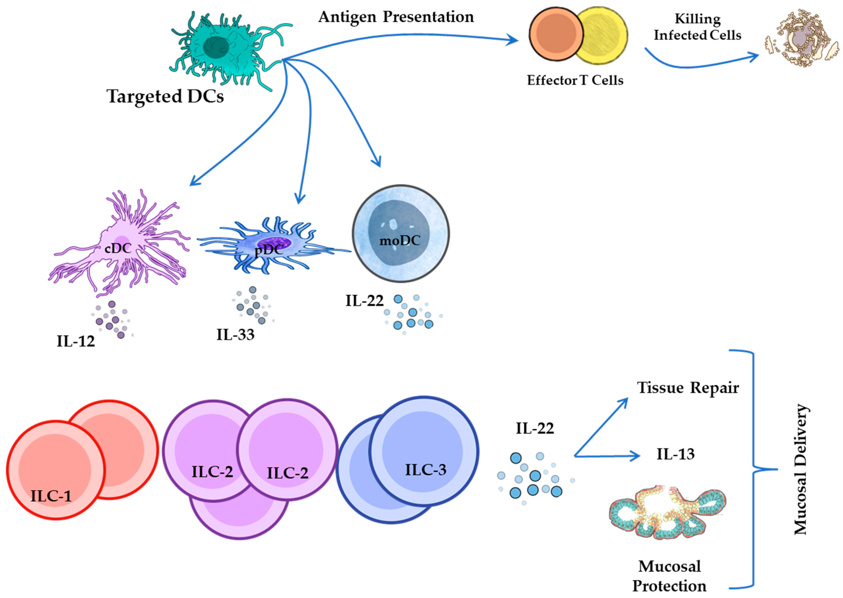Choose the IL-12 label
click(76, 341)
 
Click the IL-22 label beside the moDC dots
click(364, 301)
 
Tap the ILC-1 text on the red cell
click(51, 496)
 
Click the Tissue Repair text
click(688, 388)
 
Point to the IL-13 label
click(675, 454)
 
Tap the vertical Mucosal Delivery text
click(801, 469)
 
